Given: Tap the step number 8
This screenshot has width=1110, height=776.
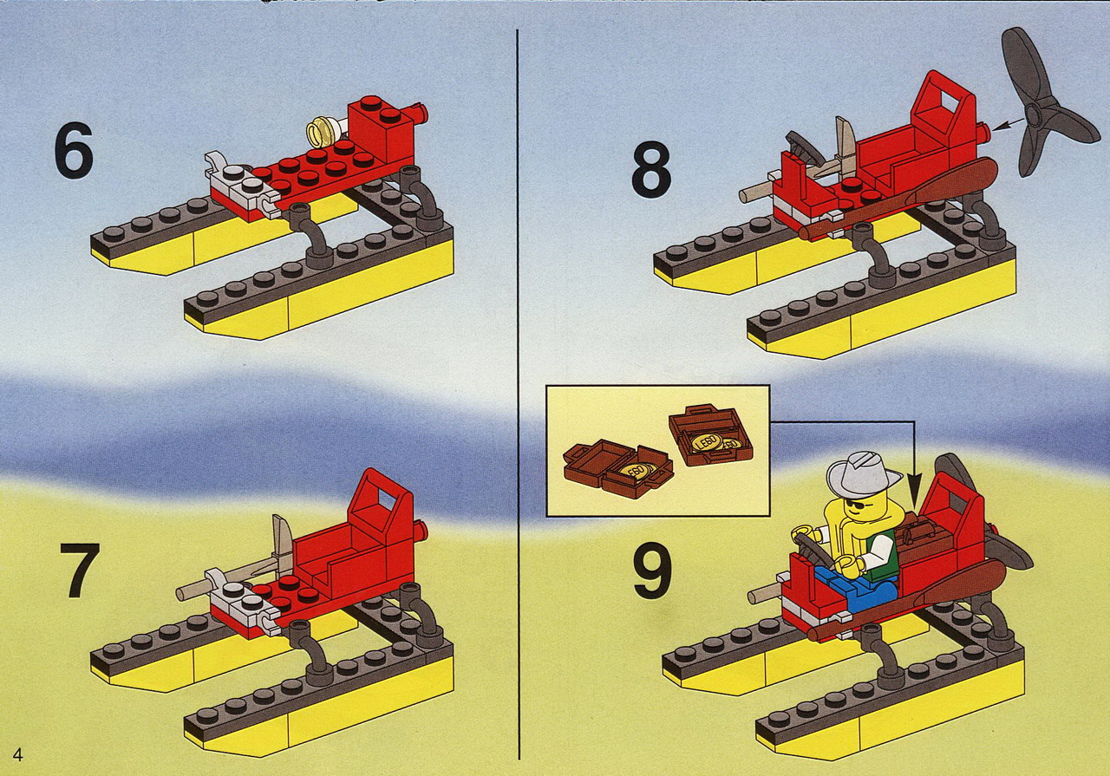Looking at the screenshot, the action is tap(651, 169).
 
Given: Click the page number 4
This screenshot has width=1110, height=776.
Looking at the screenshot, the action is tap(18, 755).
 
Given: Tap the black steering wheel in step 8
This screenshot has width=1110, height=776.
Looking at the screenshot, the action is tap(804, 149).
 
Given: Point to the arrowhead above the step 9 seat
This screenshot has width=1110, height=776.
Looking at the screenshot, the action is tap(917, 483).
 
